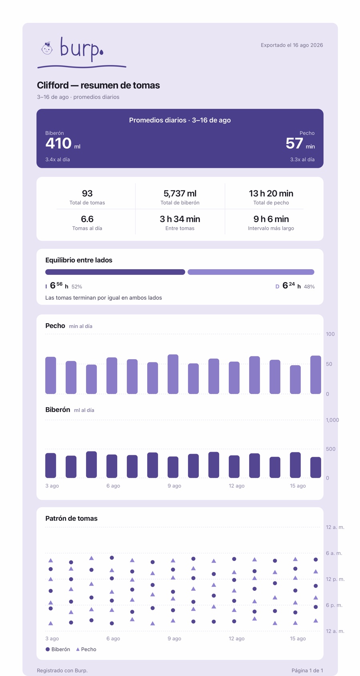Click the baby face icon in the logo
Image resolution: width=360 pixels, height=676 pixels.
(x=47, y=48)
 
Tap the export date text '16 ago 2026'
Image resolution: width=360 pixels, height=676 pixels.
(x=308, y=45)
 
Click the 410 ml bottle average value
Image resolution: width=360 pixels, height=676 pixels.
(x=63, y=143)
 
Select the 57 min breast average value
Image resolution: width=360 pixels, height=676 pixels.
(x=300, y=143)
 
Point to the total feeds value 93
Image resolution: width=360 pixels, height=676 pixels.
(x=87, y=193)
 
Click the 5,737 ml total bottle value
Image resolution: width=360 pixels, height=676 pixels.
(x=180, y=193)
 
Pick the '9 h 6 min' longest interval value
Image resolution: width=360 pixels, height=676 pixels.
(x=271, y=219)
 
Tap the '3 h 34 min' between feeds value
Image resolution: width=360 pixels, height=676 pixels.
(x=180, y=219)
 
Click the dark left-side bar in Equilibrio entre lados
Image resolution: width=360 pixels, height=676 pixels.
(x=115, y=272)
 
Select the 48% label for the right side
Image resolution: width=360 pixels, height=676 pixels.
(x=309, y=287)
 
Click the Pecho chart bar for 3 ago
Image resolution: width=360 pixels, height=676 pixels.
(x=51, y=376)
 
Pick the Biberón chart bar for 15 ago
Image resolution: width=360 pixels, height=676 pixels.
(x=296, y=465)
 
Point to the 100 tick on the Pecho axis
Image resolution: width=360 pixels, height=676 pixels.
(x=330, y=334)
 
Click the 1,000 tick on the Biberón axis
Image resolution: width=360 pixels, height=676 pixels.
(x=332, y=420)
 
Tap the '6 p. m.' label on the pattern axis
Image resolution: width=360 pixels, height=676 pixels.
(x=334, y=605)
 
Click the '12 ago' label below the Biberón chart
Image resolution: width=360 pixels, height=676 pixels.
(x=236, y=486)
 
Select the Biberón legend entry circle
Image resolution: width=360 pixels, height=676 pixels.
(x=48, y=649)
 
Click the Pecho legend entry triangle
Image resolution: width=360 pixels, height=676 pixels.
(x=78, y=649)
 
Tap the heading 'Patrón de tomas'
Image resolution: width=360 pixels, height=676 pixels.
(x=72, y=518)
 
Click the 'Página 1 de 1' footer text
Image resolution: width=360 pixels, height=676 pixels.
(x=307, y=670)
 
